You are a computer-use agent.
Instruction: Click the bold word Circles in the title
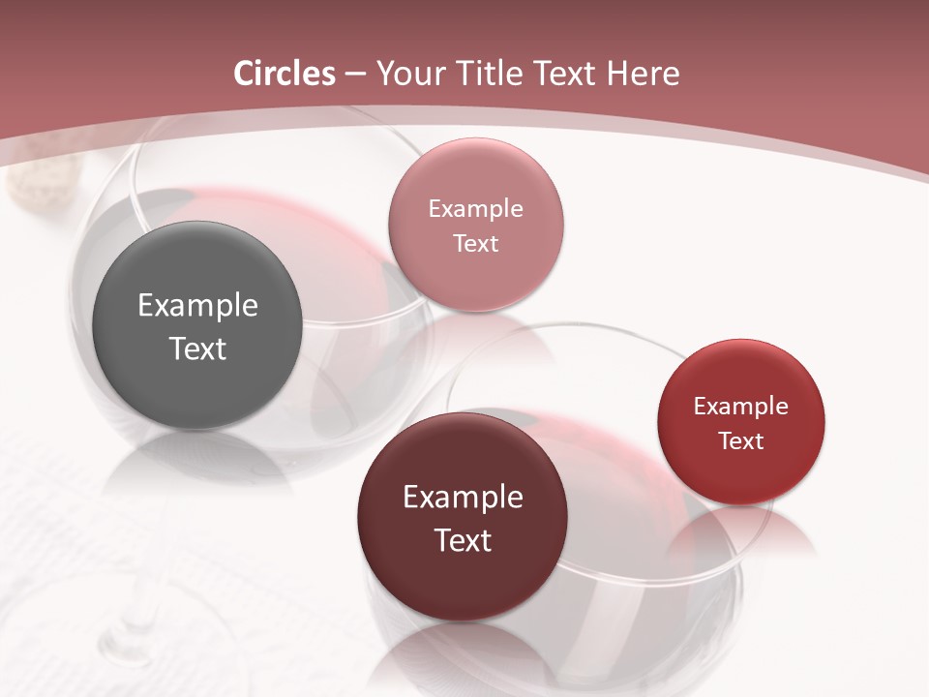point(285,74)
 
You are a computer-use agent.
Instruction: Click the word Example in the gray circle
point(197,306)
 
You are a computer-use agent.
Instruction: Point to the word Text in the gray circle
point(197,348)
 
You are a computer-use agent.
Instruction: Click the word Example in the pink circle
point(475,209)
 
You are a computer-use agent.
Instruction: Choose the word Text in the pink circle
point(475,243)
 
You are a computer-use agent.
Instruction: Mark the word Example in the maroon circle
point(463,498)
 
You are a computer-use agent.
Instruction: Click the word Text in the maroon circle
point(463,540)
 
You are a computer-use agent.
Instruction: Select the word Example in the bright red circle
point(741,407)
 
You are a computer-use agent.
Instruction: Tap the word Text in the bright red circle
point(741,440)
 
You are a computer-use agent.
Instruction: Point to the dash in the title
point(355,75)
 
